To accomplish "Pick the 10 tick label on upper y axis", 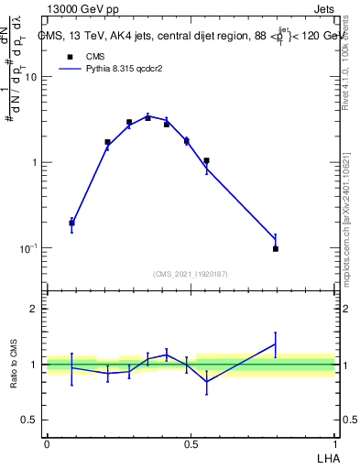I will [30, 77].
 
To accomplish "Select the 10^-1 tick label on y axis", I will [28, 248].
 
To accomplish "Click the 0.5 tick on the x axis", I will [191, 443].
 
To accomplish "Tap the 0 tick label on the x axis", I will [47, 443].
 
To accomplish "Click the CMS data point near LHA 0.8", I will [275, 248].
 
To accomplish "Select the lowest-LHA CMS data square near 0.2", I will [71, 223].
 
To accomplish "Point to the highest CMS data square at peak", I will [147, 118].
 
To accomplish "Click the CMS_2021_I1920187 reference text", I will [191, 274].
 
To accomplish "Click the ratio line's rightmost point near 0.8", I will [275, 344].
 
